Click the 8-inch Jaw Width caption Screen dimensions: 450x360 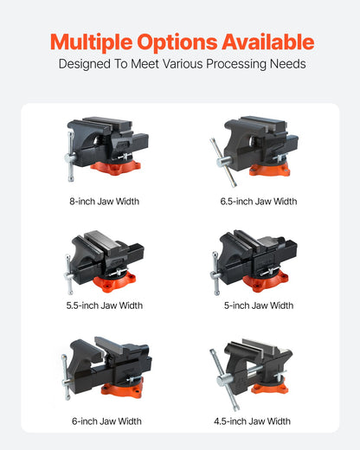pyautogui.click(x=104, y=202)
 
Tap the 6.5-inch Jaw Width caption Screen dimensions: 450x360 pyautogui.click(x=258, y=202)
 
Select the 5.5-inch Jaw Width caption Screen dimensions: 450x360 pyautogui.click(x=104, y=305)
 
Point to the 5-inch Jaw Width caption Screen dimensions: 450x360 pyautogui.click(x=258, y=305)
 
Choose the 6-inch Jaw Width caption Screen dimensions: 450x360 pyautogui.click(x=106, y=421)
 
